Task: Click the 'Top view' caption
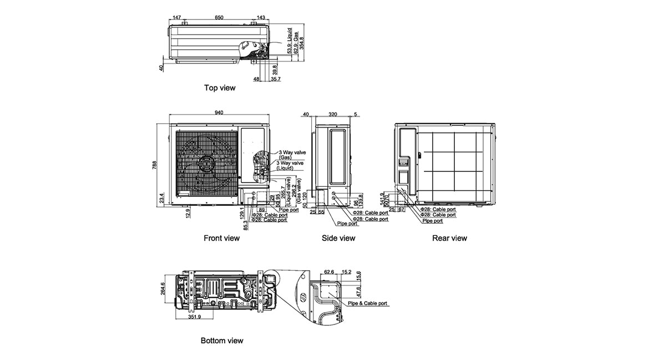pos(220,88)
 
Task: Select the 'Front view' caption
pos(221,238)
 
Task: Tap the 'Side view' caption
pos(338,238)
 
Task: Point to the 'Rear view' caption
pos(449,238)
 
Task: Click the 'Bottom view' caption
pos(222,341)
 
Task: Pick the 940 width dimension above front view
pos(219,113)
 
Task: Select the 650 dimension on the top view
pos(219,18)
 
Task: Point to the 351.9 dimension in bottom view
pos(194,318)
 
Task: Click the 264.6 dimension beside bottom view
pos(163,290)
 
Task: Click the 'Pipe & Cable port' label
pos(367,304)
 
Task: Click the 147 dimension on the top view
pos(177,18)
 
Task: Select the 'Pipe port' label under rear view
pos(433,221)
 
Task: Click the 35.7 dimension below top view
pos(276,79)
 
